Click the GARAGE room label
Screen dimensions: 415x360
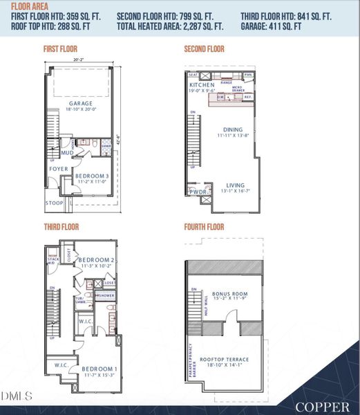pos(80,103)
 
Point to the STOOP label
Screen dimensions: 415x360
pos(54,203)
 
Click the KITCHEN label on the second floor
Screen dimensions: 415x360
pos(202,85)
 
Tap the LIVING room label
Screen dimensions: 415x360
pos(236,185)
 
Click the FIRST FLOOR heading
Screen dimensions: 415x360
pos(61,49)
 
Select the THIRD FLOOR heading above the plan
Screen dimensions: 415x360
pos(60,226)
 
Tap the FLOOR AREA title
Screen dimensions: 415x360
pos(30,6)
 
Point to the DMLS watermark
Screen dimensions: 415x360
pos(18,396)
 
